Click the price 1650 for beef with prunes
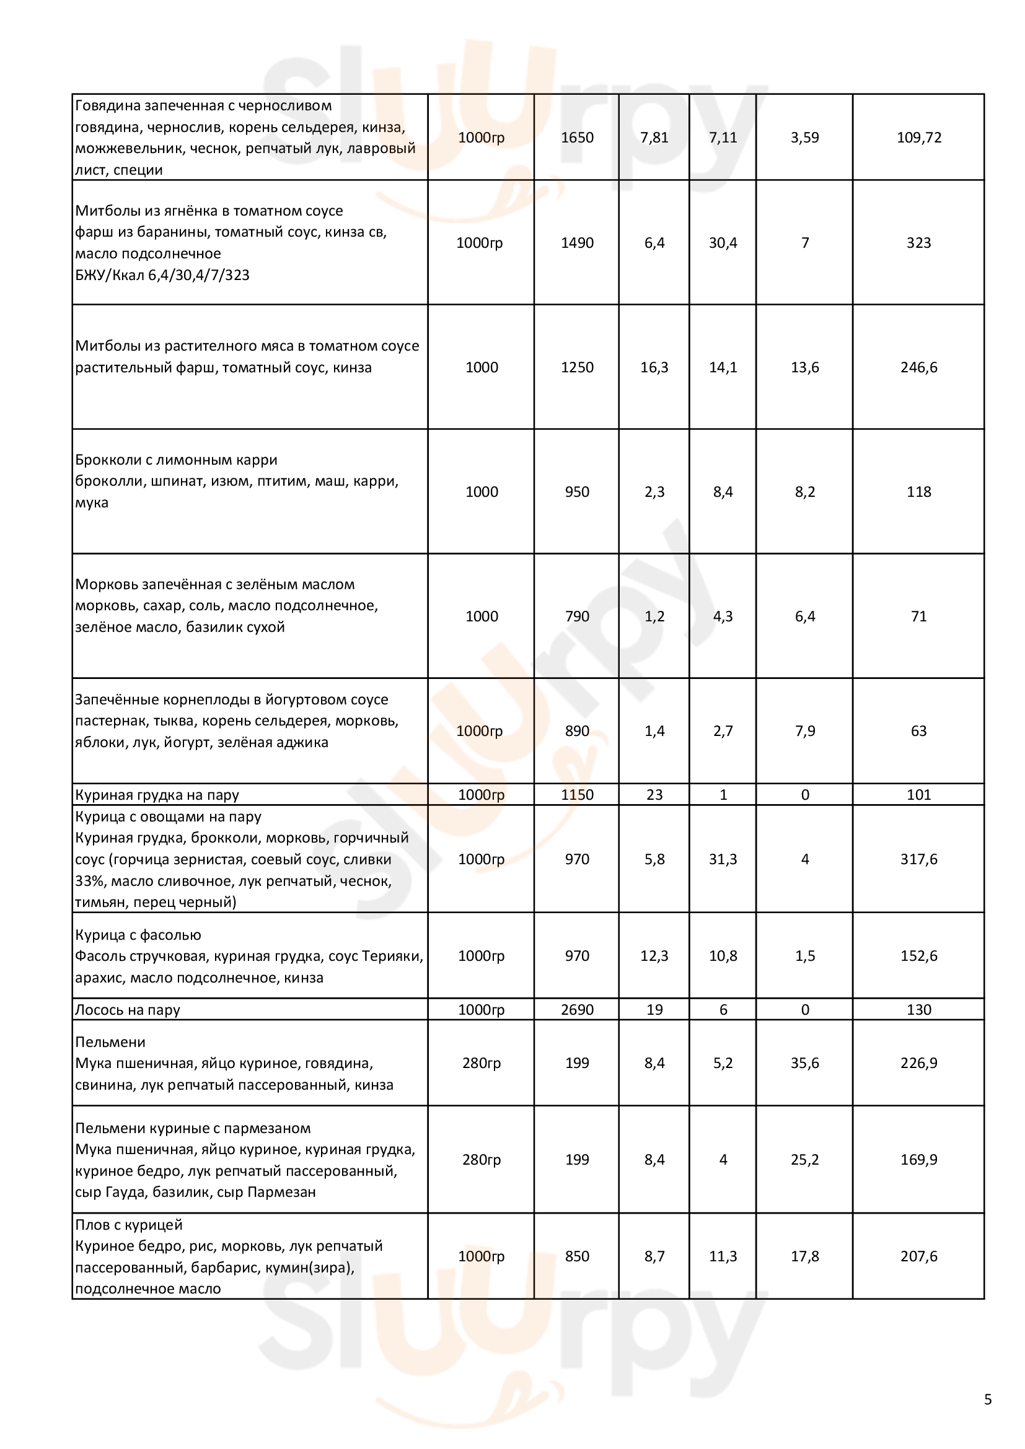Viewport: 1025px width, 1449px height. pyautogui.click(x=577, y=138)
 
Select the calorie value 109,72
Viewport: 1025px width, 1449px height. pyautogui.click(x=918, y=138)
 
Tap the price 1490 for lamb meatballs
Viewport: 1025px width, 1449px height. pyautogui.click(x=577, y=243)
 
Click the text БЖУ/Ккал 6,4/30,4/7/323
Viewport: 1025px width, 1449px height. pyautogui.click(x=162, y=275)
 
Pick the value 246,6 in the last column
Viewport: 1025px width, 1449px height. pyautogui.click(x=918, y=367)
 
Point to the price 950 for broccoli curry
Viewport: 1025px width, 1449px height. pyautogui.click(x=577, y=492)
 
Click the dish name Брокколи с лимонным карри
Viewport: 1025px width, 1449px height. pyautogui.click(x=176, y=460)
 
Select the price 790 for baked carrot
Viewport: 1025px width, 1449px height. pyautogui.click(x=577, y=616)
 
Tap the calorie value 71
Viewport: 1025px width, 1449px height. pyautogui.click(x=918, y=616)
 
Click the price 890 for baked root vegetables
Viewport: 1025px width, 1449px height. pyautogui.click(x=577, y=731)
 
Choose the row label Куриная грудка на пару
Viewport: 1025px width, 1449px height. pyautogui.click(x=157, y=795)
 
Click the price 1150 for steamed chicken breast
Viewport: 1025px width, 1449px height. pyautogui.click(x=577, y=795)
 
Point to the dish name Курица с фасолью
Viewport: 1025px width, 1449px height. pyautogui.click(x=138, y=935)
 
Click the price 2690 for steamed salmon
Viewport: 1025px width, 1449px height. pyautogui.click(x=577, y=1010)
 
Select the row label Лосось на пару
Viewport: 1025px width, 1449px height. pyautogui.click(x=128, y=1010)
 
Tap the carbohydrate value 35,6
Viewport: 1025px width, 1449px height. pyautogui.click(x=805, y=1064)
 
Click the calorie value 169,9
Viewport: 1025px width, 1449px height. pyautogui.click(x=918, y=1160)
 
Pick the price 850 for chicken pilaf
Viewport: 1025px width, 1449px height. pyautogui.click(x=577, y=1256)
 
